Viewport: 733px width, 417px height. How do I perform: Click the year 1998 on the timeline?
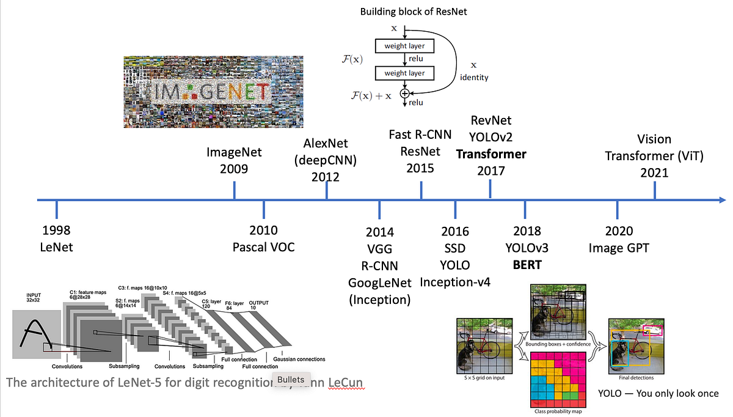click(56, 231)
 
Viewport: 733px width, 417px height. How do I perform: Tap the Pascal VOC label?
click(263, 247)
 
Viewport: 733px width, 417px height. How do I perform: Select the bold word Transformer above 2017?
click(491, 154)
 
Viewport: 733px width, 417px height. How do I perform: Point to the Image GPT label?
click(619, 248)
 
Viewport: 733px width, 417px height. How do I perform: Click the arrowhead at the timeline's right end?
click(722, 199)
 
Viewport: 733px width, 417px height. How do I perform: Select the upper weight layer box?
click(404, 46)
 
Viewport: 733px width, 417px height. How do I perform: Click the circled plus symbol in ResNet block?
click(404, 93)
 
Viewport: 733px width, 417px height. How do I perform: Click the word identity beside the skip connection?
click(474, 78)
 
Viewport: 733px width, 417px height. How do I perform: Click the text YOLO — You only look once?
click(658, 393)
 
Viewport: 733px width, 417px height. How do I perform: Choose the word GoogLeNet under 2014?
click(379, 282)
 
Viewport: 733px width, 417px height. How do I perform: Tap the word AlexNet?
click(326, 143)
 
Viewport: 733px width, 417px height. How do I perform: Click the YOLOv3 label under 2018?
click(527, 248)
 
